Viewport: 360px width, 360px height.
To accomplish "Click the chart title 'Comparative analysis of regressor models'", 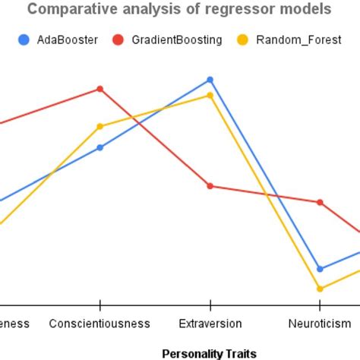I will pos(179,10).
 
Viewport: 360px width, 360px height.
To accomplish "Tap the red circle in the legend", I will pos(118,39).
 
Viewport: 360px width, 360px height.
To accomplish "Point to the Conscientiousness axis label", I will pos(99,324).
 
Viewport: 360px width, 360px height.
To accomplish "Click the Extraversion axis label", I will pos(210,324).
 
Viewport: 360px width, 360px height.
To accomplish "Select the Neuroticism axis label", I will pos(320,324).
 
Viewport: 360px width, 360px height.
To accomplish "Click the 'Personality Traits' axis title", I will pos(210,353).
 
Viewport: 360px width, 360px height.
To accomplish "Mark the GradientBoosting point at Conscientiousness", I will pos(99,89).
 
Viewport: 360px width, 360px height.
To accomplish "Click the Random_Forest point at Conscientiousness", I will pos(99,126).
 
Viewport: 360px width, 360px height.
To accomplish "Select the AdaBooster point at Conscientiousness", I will pos(99,147).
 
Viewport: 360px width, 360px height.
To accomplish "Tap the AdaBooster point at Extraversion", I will pos(210,80).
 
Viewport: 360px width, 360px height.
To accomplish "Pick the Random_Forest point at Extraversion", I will pos(210,96).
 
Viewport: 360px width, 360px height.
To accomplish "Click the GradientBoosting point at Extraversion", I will pos(210,186).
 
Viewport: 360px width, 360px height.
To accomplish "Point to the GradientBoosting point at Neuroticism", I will pos(320,202).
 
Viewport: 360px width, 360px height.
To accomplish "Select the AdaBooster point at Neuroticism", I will pos(320,269).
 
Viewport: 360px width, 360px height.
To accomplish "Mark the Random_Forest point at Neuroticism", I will pos(320,289).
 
